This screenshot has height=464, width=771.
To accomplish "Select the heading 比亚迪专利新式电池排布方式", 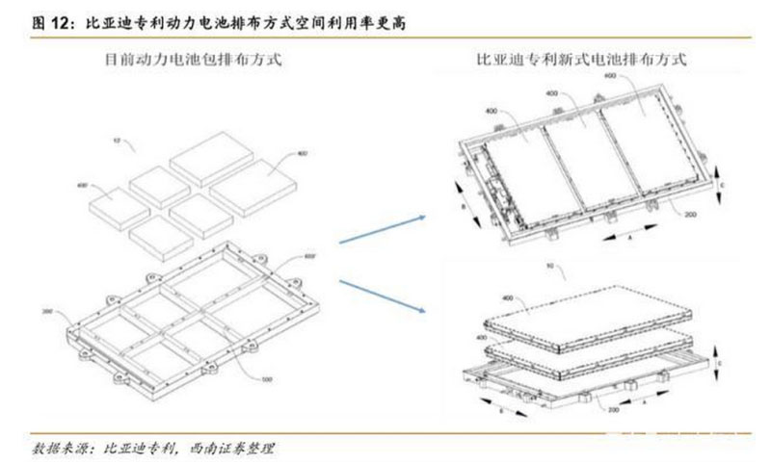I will click(581, 60).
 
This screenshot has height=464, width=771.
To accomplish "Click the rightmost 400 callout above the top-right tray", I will click(609, 75).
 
